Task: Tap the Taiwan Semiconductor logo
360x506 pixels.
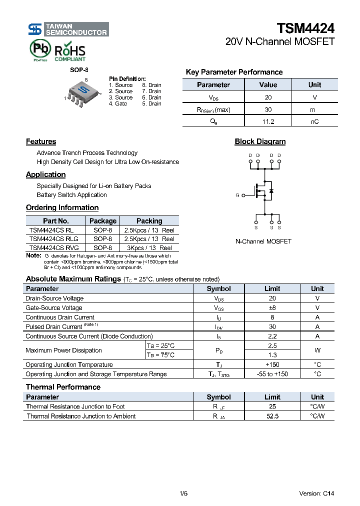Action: (68, 29)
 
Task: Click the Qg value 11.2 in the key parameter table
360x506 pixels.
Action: (268, 121)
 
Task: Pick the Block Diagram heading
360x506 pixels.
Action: (260, 141)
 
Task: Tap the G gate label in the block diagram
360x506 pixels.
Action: (237, 195)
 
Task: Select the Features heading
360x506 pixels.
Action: (41, 141)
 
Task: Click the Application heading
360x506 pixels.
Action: (45, 174)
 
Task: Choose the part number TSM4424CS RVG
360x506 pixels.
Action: (53, 247)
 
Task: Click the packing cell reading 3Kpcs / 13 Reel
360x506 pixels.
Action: (149, 247)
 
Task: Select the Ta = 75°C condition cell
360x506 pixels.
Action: (160, 355)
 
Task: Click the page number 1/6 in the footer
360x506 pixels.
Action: (183, 493)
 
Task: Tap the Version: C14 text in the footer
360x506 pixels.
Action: (316, 493)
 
